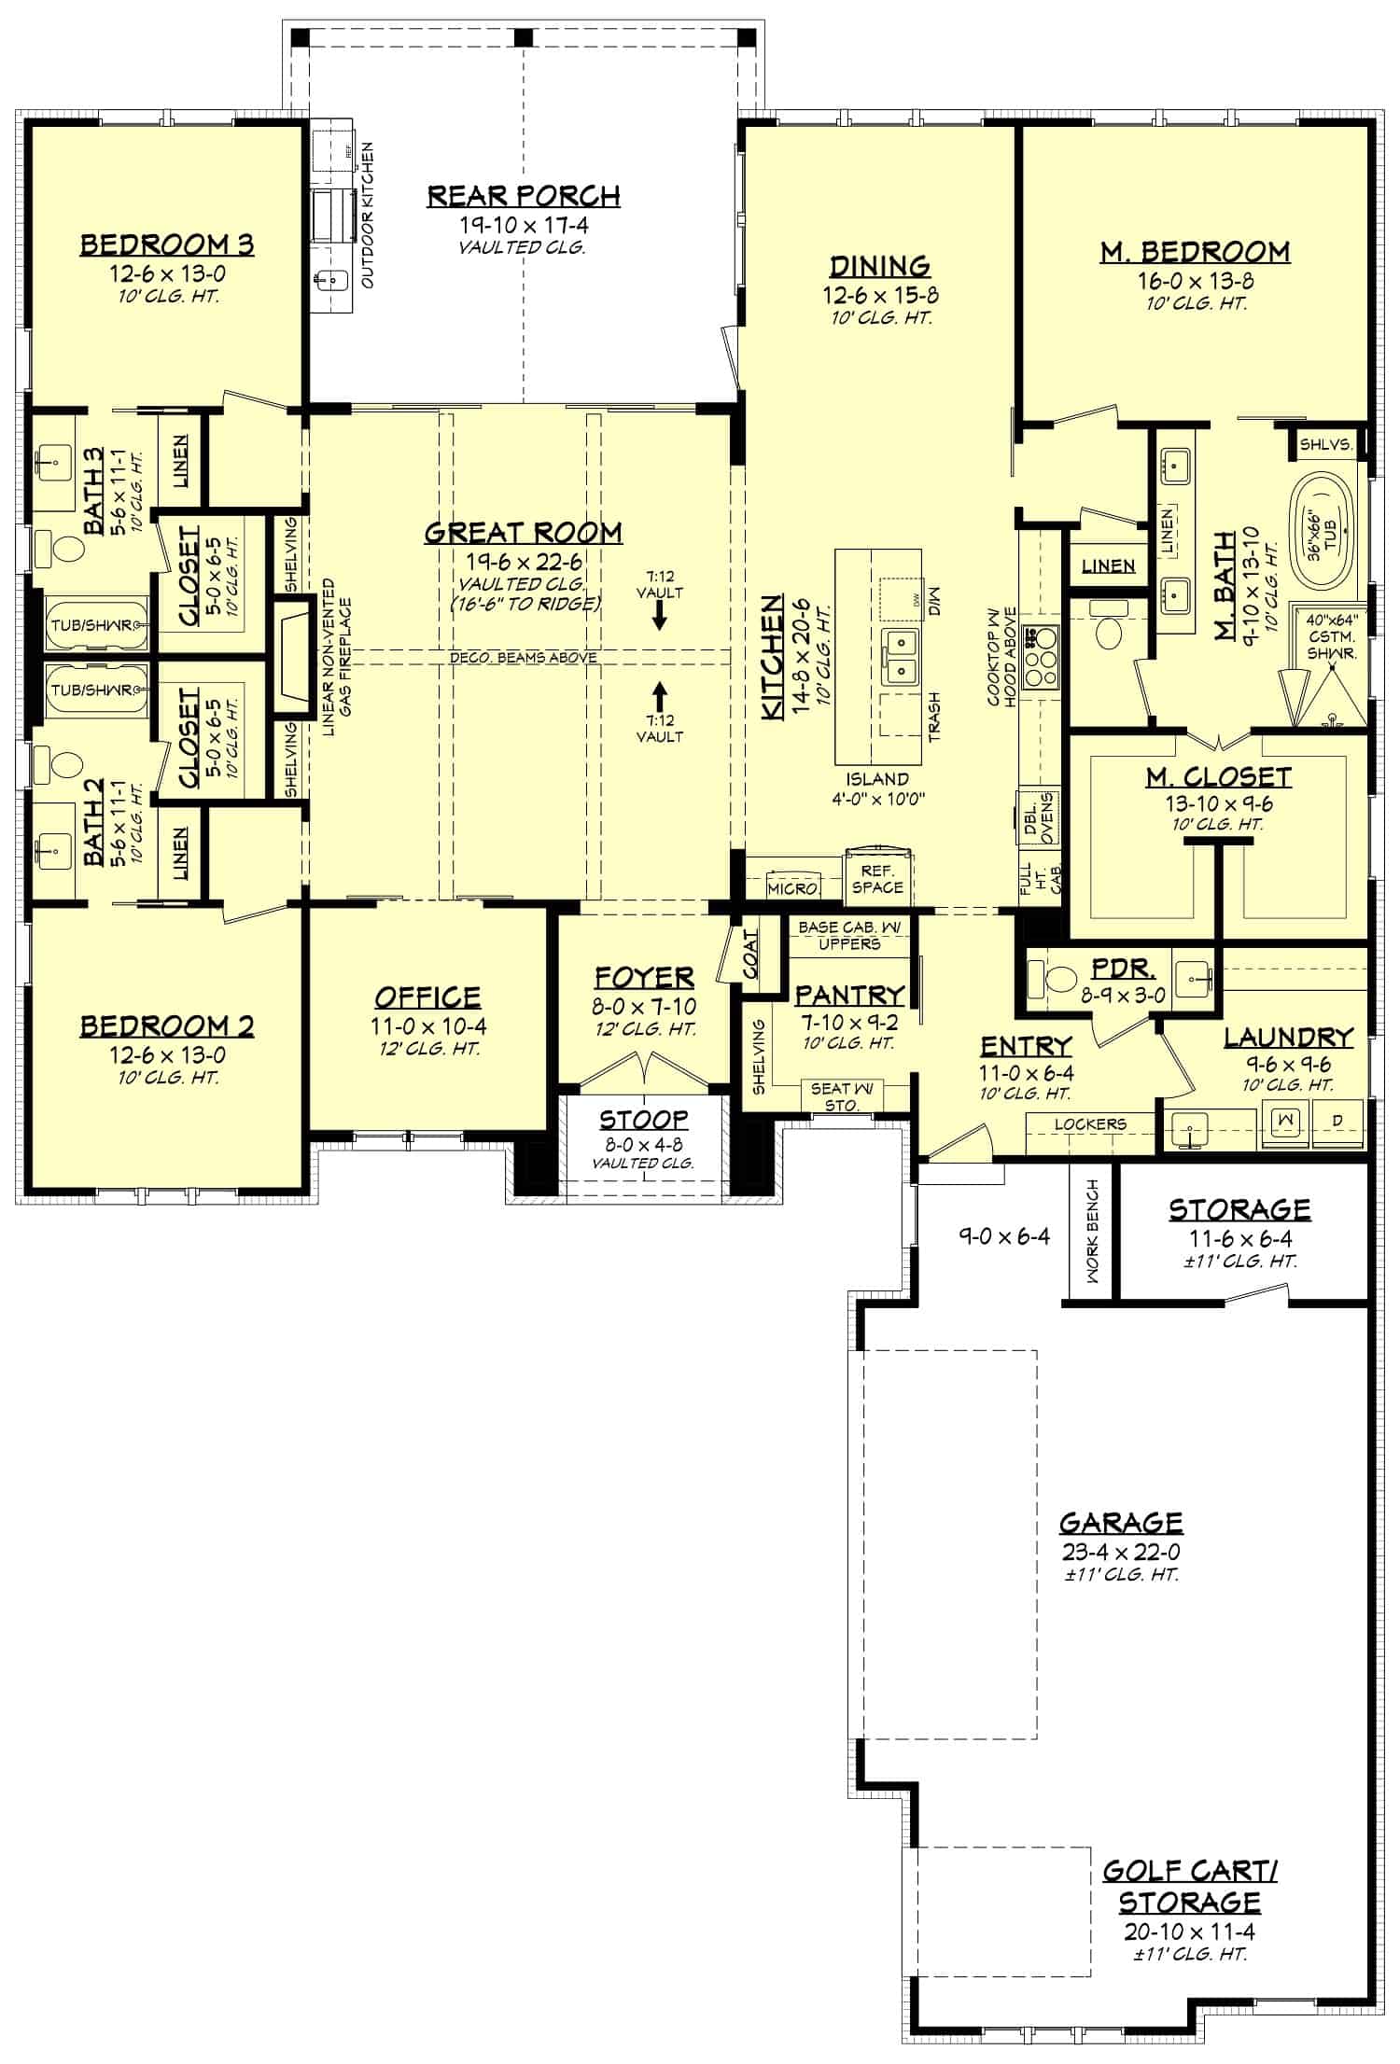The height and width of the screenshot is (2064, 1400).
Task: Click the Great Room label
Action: click(x=523, y=533)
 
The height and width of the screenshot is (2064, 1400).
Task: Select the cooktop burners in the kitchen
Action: click(x=1041, y=656)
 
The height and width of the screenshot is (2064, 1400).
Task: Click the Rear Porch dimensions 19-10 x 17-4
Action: click(x=523, y=225)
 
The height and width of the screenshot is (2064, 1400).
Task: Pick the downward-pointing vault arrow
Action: click(x=659, y=615)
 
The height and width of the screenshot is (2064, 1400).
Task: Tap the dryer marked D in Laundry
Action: click(x=1337, y=1120)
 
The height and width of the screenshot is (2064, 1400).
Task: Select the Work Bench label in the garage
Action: click(x=1092, y=1231)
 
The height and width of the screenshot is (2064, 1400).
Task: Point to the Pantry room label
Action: click(x=848, y=995)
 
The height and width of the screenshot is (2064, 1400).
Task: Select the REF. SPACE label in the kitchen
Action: click(x=876, y=879)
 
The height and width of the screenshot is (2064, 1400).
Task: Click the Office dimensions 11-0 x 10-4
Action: click(x=427, y=1026)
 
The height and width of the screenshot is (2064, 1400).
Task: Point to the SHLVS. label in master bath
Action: click(x=1325, y=445)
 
